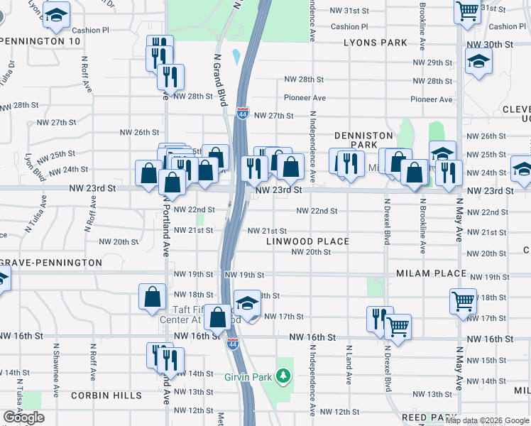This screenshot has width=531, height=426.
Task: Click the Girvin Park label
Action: click(248, 376)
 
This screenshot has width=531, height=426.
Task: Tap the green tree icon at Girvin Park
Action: click(284, 374)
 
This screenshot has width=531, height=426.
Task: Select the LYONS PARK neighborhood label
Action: click(375, 43)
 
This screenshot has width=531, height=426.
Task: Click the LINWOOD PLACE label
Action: click(308, 241)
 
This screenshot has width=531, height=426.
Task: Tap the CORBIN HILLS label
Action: click(106, 395)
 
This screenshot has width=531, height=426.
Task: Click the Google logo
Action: click(23, 417)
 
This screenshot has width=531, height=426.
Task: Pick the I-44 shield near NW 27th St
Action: click(242, 112)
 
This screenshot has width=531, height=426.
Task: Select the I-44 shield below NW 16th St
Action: click(232, 344)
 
